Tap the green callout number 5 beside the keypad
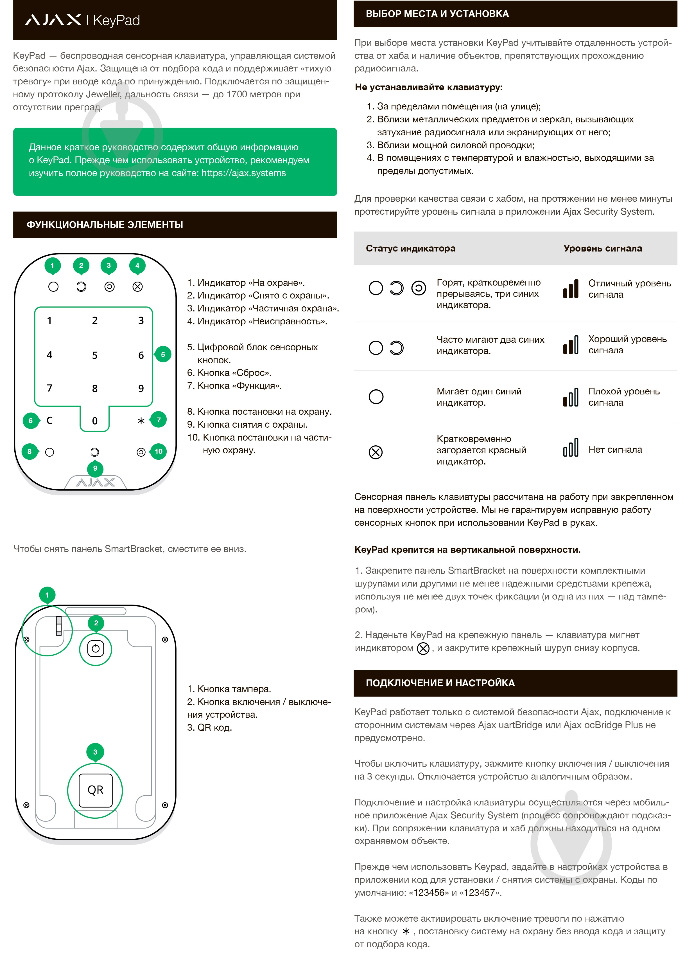coord(163,354)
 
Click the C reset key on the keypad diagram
coord(49,420)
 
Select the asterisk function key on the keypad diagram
coord(141,421)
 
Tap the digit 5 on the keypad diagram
coord(94,355)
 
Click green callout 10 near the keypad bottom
coord(158,451)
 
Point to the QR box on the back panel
coord(95,790)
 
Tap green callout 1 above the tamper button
coord(47,595)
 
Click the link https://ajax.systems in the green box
coord(243,173)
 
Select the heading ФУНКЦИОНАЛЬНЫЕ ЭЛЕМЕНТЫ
coord(105,225)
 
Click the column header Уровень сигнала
coord(602,248)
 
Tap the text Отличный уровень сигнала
coord(629,289)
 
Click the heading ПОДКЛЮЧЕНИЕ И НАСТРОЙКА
coord(440,683)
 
